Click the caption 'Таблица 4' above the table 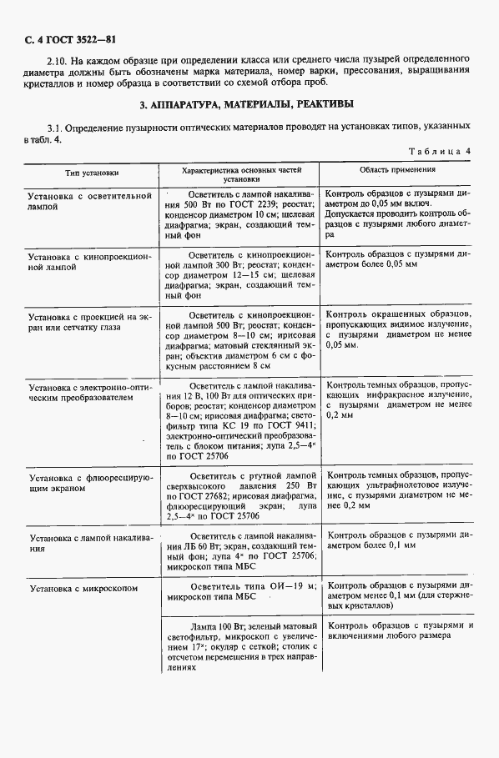(440, 151)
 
